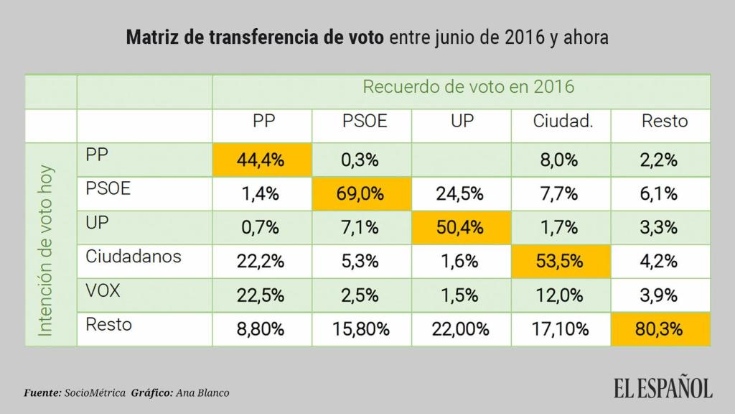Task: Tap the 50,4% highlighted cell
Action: point(462,228)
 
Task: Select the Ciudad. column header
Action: point(563,121)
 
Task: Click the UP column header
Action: point(462,121)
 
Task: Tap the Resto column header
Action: point(664,121)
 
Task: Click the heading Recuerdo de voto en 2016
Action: point(468,88)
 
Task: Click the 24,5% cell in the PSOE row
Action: point(462,194)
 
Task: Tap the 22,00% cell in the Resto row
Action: point(460,330)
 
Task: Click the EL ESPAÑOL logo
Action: point(663,387)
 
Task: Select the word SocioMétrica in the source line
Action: point(96,392)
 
